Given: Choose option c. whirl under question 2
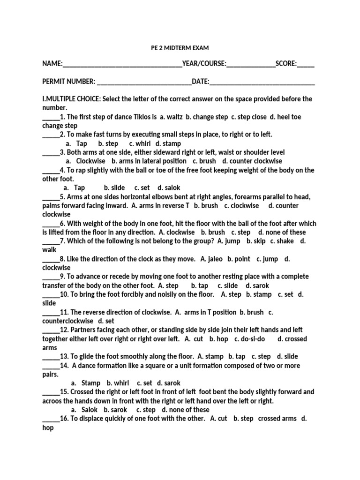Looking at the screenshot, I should [140, 143].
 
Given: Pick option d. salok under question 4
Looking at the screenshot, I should [169, 188].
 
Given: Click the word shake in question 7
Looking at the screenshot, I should [285, 241].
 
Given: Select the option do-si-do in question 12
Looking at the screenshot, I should [253, 338].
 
